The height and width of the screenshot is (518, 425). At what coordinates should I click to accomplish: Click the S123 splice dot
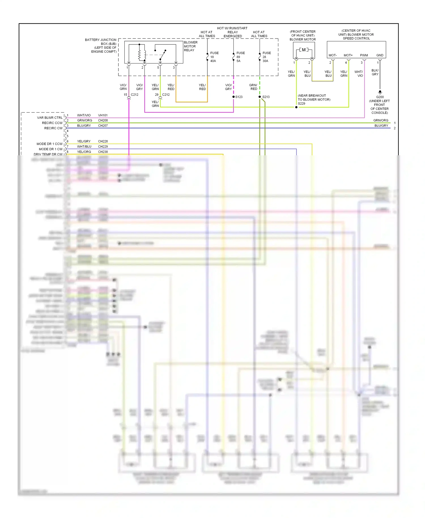(233, 97)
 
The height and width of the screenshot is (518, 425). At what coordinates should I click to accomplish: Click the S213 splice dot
(260, 97)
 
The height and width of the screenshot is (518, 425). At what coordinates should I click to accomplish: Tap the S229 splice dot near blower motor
(296, 107)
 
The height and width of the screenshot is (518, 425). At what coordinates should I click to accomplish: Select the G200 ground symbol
(380, 92)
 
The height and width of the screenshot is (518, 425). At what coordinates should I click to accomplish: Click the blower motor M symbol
(304, 50)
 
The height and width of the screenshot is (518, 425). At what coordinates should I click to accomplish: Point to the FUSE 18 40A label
(214, 57)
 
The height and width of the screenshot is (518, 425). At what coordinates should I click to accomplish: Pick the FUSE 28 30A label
(266, 57)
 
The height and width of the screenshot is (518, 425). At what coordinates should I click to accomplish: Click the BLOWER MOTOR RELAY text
(190, 46)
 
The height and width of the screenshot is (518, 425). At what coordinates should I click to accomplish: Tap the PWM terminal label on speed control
(364, 55)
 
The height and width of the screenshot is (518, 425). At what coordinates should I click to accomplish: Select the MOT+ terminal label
(348, 55)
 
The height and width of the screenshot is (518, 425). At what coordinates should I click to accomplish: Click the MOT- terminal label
(332, 55)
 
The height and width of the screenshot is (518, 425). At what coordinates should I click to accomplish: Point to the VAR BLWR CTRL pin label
(50, 118)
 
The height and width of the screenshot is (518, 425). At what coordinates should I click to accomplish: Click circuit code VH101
(103, 115)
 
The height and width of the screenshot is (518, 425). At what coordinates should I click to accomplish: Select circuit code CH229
(103, 147)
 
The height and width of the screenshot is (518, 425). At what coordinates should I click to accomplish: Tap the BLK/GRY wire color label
(375, 72)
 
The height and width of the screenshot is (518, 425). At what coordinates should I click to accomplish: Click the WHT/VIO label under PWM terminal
(359, 74)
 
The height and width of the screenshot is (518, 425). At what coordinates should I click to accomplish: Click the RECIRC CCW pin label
(52, 123)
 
